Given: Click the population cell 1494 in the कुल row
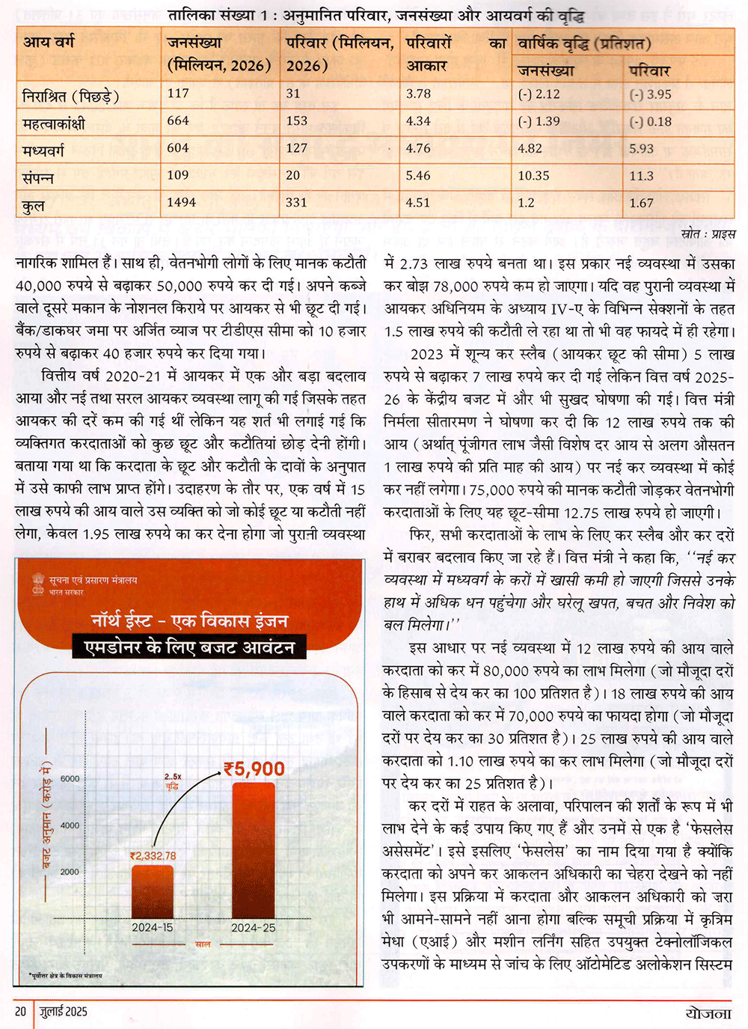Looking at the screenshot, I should pyautogui.click(x=182, y=203).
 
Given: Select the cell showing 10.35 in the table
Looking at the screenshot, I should pyautogui.click(x=533, y=176).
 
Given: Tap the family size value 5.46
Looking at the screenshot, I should pyautogui.click(x=418, y=176).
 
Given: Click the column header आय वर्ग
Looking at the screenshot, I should pyautogui.click(x=49, y=43).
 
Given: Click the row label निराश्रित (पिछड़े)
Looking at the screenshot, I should pyautogui.click(x=70, y=96).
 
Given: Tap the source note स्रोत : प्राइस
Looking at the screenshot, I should pyautogui.click(x=708, y=234).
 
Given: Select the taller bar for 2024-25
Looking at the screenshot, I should pyautogui.click(x=253, y=849).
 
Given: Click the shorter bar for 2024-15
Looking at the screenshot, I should pyautogui.click(x=153, y=891).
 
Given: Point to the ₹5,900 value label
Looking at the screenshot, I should pyautogui.click(x=254, y=769).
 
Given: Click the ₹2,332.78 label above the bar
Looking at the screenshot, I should pyautogui.click(x=153, y=856).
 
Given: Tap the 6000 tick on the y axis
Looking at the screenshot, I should pyautogui.click(x=70, y=778).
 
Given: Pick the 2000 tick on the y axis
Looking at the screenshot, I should pyautogui.click(x=70, y=872).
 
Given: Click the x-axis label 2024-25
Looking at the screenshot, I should pyautogui.click(x=253, y=928).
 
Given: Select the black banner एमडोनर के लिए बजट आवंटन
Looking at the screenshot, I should pyautogui.click(x=189, y=647).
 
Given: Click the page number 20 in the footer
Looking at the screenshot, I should pyautogui.click(x=20, y=1012).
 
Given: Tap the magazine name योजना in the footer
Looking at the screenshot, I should pyautogui.click(x=708, y=1013).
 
